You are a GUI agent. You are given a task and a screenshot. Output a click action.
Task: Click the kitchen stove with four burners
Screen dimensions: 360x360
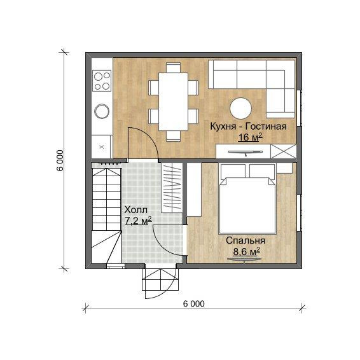click(102, 80)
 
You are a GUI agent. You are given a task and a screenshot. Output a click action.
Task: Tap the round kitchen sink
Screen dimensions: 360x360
click(102, 111)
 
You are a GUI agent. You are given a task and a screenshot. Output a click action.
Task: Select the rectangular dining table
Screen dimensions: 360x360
click(174, 102)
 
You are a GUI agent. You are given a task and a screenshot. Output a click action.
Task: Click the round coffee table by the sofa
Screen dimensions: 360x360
click(240, 108)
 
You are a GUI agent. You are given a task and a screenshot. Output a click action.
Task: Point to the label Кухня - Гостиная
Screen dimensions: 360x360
click(249, 127)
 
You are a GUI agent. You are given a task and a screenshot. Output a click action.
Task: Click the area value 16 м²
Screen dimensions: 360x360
click(250, 137)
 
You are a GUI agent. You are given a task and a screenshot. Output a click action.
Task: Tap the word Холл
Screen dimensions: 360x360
click(136, 210)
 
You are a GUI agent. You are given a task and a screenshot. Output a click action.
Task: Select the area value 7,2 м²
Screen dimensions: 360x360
click(138, 221)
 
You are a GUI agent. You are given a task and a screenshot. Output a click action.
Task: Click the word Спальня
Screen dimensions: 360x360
click(246, 240)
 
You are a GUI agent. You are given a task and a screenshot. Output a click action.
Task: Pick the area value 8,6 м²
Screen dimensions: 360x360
click(247, 251)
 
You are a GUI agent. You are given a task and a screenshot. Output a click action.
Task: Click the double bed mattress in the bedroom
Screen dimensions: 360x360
click(247, 205)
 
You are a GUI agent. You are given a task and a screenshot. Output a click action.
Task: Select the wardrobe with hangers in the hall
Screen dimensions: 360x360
click(172, 188)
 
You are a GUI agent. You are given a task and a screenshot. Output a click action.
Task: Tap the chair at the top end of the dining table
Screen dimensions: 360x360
click(174, 67)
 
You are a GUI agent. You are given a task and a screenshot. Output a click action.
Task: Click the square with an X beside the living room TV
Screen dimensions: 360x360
click(284, 151)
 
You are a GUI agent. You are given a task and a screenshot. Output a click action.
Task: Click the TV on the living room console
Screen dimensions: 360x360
click(246, 152)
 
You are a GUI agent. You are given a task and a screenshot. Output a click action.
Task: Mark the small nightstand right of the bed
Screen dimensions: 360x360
click(284, 168)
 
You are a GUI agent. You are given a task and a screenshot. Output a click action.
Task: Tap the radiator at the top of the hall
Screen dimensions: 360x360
click(109, 163)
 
